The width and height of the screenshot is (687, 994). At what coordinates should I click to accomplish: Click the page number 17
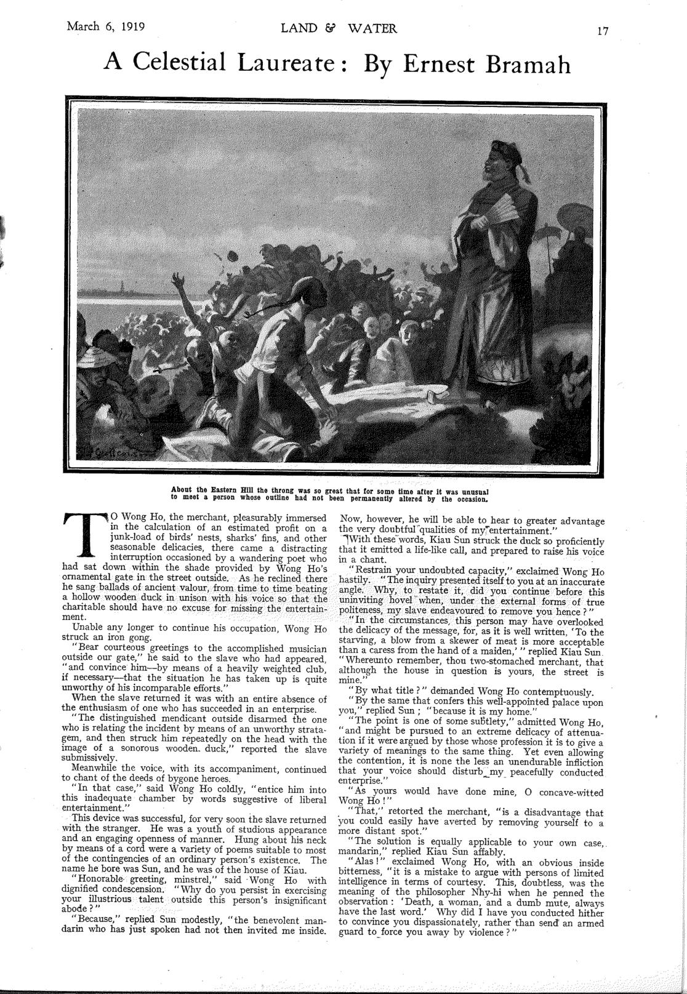(x=601, y=30)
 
